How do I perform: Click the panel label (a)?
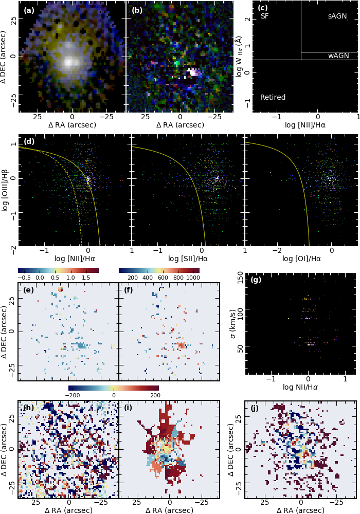tap(29, 10)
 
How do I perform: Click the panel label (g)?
tap(256, 280)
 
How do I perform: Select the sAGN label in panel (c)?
tap(337, 16)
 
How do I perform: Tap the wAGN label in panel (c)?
tap(338, 56)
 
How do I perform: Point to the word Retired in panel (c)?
tap(273, 97)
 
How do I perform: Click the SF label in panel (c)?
tap(264, 16)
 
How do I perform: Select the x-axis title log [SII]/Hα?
tap(188, 259)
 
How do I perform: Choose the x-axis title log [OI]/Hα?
tap(301, 259)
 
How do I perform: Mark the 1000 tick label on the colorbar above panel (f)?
tap(193, 278)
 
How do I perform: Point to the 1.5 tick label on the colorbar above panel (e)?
tap(86, 278)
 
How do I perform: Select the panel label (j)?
tap(255, 409)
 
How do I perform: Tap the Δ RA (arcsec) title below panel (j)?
tap(301, 510)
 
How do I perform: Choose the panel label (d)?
tap(29, 141)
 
